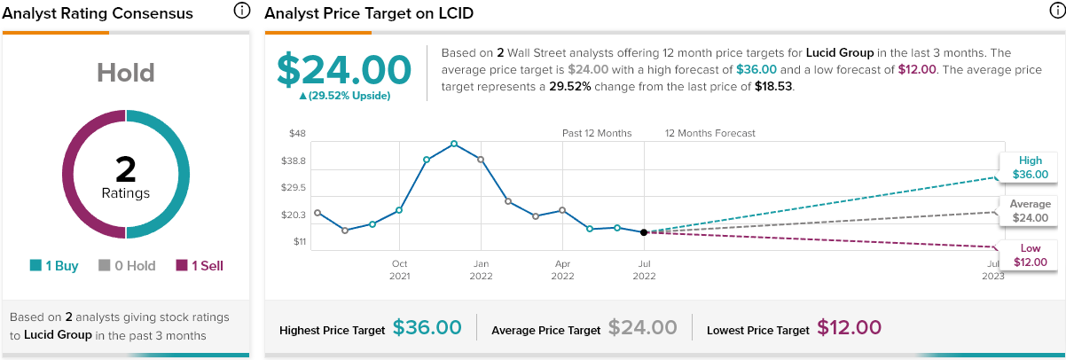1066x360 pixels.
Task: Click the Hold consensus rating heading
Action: pyautogui.click(x=125, y=73)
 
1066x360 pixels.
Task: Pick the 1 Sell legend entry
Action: pyautogui.click(x=200, y=265)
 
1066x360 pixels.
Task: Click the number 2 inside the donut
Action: pyautogui.click(x=125, y=169)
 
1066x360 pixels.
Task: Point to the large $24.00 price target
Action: pyautogui.click(x=344, y=70)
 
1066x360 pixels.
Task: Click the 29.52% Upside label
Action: pyautogui.click(x=344, y=95)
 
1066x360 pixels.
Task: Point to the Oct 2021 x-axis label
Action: pyautogui.click(x=399, y=270)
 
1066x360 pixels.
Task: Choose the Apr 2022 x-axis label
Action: pyautogui.click(x=562, y=270)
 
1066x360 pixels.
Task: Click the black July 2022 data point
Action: pyautogui.click(x=644, y=232)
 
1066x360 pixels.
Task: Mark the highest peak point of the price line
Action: pyautogui.click(x=454, y=144)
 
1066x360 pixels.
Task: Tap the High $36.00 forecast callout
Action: pyautogui.click(x=1030, y=168)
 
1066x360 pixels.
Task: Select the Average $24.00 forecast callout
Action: pyautogui.click(x=1030, y=211)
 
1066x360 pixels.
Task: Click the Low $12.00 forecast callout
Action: pyautogui.click(x=1030, y=254)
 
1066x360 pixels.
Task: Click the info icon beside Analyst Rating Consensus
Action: pyautogui.click(x=241, y=11)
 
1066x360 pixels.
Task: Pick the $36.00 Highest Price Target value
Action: pyautogui.click(x=427, y=328)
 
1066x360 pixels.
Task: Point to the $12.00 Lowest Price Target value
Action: pyautogui.click(x=849, y=328)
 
